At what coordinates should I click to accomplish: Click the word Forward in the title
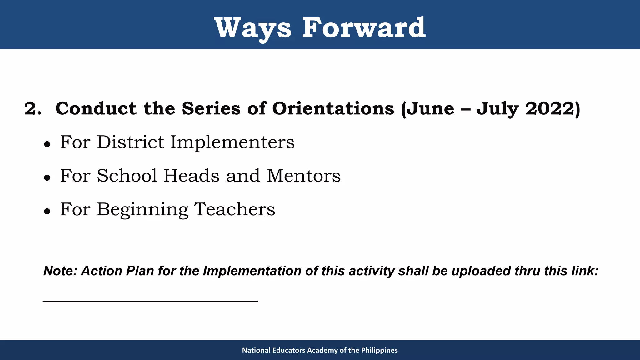(x=363, y=28)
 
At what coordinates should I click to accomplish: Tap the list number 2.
(x=32, y=109)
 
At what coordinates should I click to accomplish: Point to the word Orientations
(x=333, y=109)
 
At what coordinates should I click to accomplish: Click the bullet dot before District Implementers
(x=47, y=144)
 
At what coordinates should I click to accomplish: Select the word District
(x=130, y=142)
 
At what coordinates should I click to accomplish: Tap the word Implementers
(x=232, y=142)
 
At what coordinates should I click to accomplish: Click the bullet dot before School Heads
(x=47, y=178)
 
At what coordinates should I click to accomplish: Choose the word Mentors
(x=303, y=176)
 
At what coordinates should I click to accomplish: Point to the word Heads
(x=192, y=176)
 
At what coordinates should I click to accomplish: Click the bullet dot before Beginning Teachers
(x=47, y=211)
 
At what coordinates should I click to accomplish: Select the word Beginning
(x=142, y=209)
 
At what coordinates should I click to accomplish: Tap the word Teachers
(x=235, y=209)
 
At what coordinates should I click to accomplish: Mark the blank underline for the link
(x=150, y=301)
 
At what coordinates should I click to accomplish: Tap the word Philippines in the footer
(x=379, y=350)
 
